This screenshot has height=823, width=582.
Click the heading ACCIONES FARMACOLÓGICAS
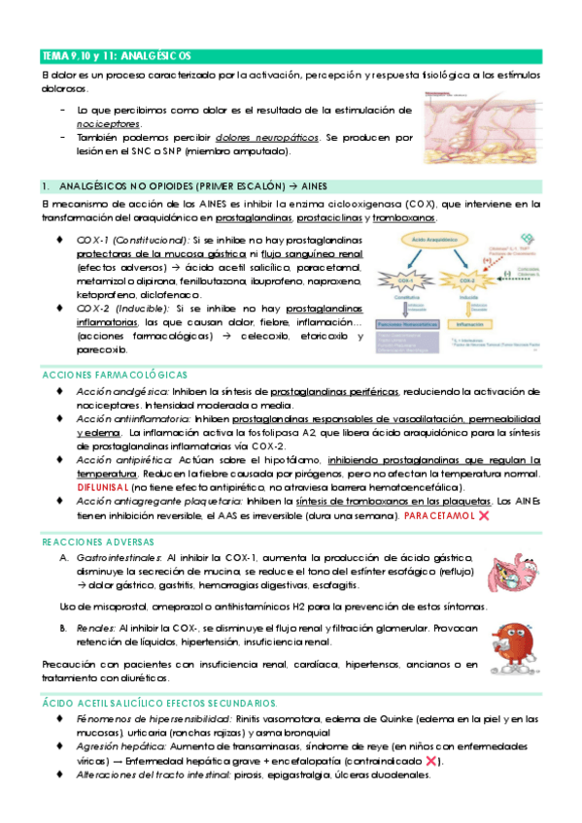(115, 375)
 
